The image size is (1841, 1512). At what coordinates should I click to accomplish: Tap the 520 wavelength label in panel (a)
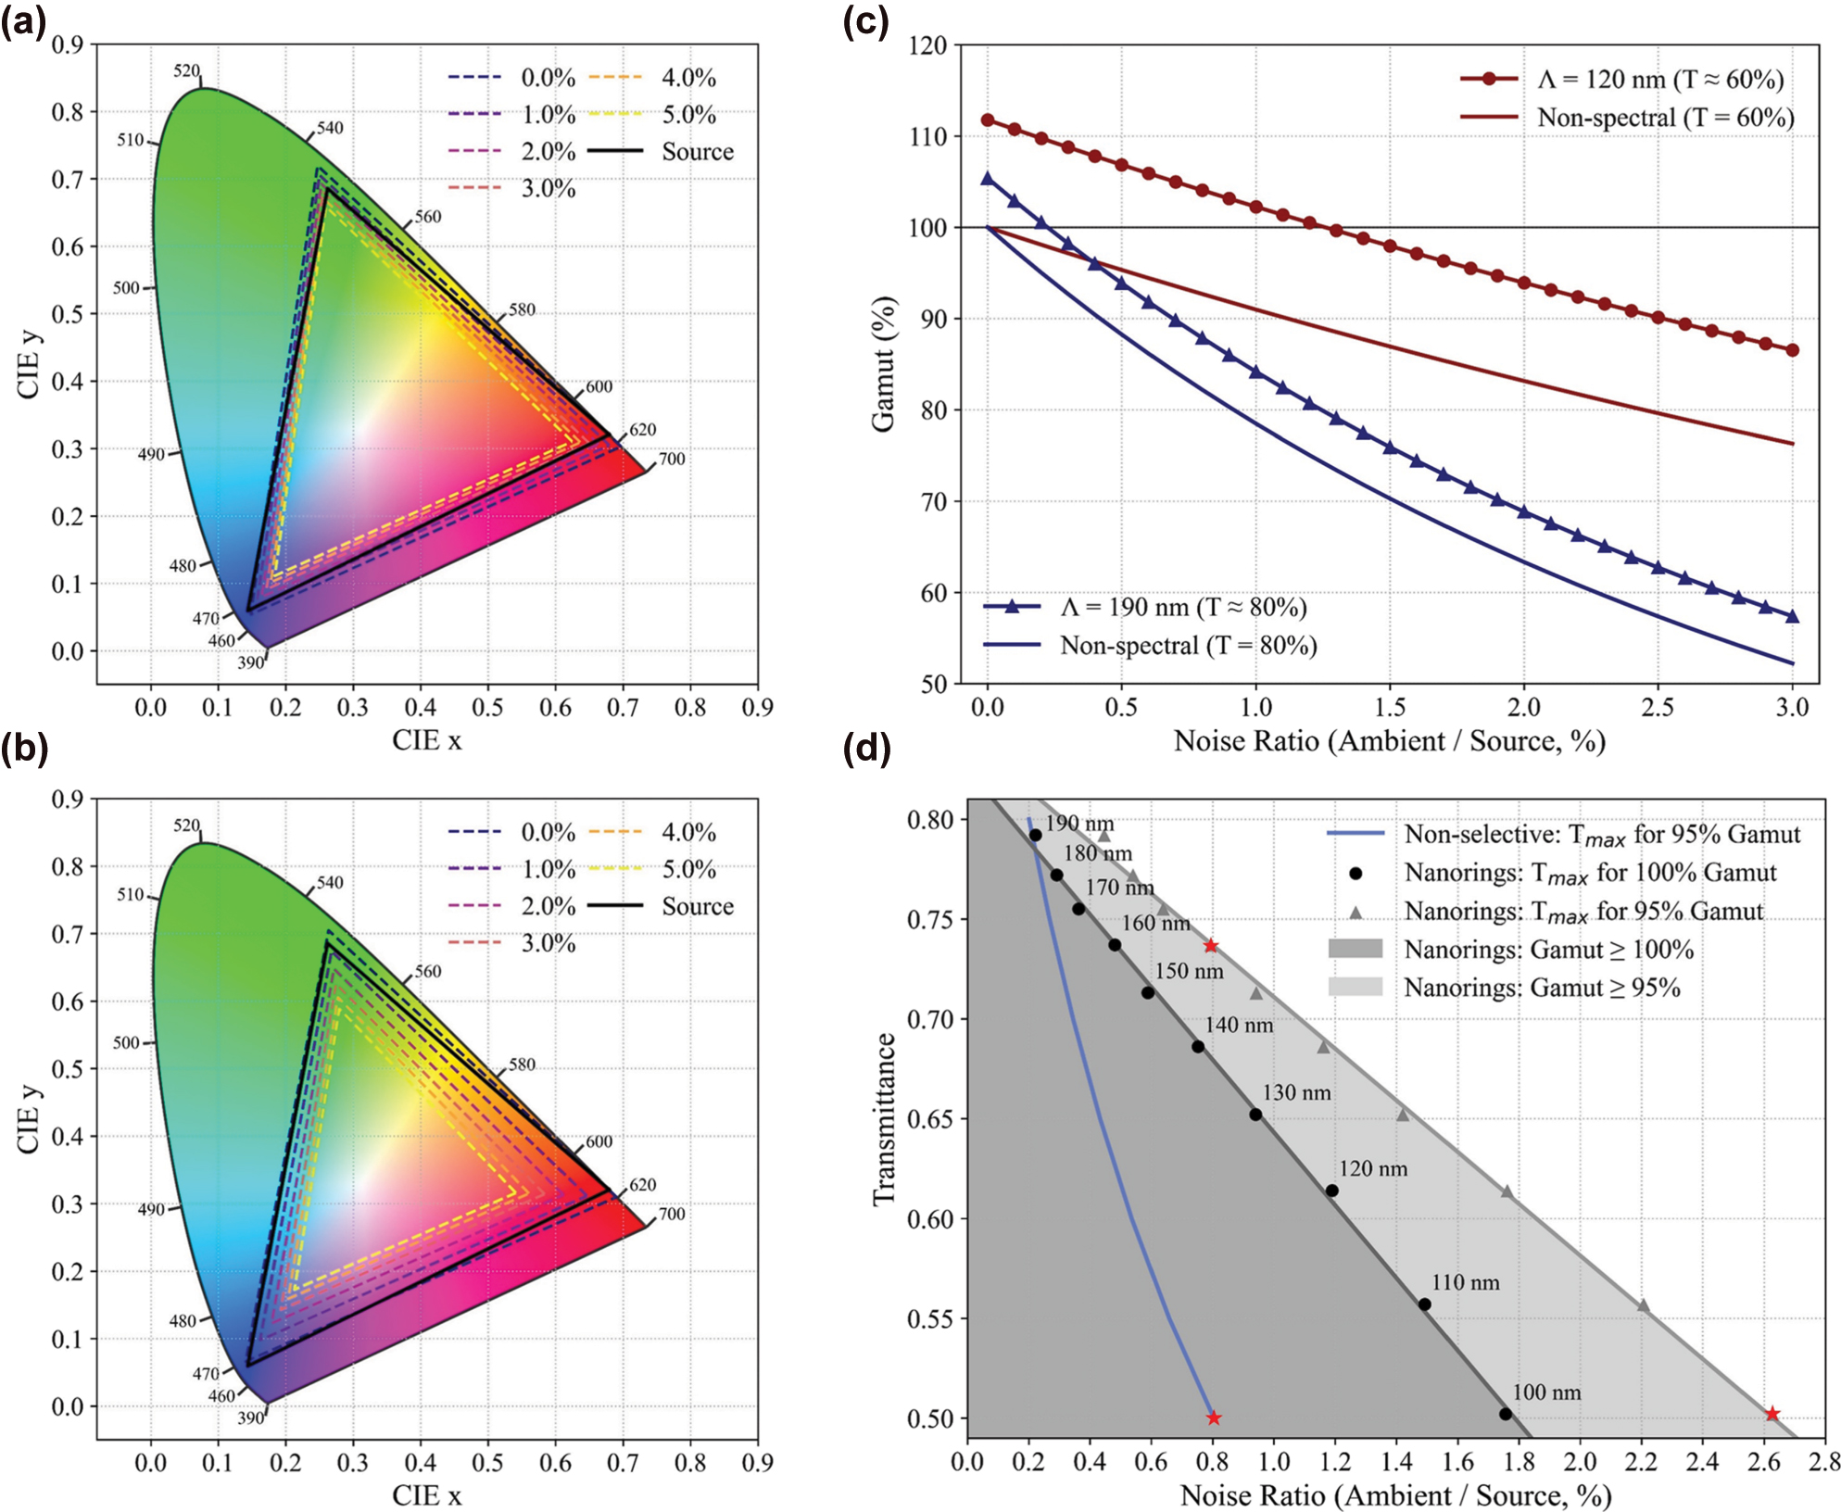tap(186, 71)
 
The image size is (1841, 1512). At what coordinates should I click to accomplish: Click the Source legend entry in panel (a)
tap(697, 152)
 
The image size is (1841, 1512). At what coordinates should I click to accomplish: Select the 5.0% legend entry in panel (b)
tap(688, 869)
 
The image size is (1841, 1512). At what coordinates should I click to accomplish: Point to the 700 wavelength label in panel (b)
tap(672, 1214)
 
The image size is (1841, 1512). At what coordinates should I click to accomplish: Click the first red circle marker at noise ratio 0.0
tap(988, 120)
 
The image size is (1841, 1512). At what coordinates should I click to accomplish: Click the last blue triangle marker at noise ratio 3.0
tap(1792, 617)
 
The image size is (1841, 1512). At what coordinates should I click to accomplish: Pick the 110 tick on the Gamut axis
tap(928, 136)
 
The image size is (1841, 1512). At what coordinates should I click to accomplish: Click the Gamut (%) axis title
tap(883, 364)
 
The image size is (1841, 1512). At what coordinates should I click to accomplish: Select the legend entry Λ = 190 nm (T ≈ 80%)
tap(1183, 608)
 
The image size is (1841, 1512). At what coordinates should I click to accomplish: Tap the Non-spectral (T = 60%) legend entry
tap(1665, 118)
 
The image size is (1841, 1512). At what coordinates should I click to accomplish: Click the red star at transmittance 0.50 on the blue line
tap(1214, 1417)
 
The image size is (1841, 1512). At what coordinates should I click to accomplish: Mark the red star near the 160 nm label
tap(1211, 946)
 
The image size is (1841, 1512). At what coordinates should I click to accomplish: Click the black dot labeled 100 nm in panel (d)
tap(1506, 1414)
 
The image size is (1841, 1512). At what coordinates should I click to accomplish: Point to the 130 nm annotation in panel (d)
tap(1296, 1092)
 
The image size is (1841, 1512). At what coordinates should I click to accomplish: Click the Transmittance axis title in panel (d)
tap(884, 1119)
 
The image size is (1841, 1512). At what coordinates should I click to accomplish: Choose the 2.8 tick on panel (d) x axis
tap(1823, 1462)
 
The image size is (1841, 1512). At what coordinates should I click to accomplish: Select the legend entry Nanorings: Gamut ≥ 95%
tap(1542, 988)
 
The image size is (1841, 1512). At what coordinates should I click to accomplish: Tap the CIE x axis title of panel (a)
tap(426, 740)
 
